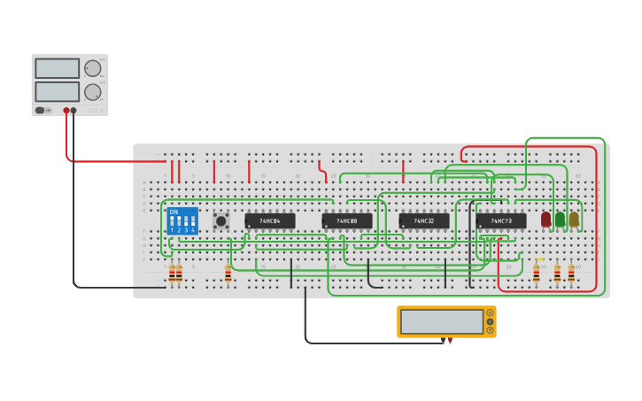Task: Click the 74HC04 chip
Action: [x=269, y=220]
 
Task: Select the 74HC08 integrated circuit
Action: [x=346, y=220]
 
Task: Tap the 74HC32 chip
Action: [x=423, y=220]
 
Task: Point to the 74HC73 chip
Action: [x=500, y=220]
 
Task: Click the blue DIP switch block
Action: [x=182, y=220]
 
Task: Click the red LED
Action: [x=545, y=218]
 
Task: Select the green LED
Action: [x=560, y=218]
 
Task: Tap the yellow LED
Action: [x=574, y=218]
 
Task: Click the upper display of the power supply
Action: [x=57, y=68]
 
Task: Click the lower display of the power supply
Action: [x=57, y=91]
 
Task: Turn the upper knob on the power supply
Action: [x=92, y=68]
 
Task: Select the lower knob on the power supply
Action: [x=92, y=91]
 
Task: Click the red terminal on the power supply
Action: [x=66, y=111]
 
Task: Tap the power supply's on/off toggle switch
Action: [x=40, y=111]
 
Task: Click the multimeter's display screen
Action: [x=442, y=321]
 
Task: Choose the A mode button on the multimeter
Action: [x=490, y=312]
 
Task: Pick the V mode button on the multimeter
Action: [x=490, y=321]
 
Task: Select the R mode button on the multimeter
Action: [x=490, y=330]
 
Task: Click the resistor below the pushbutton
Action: [x=228, y=274]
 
